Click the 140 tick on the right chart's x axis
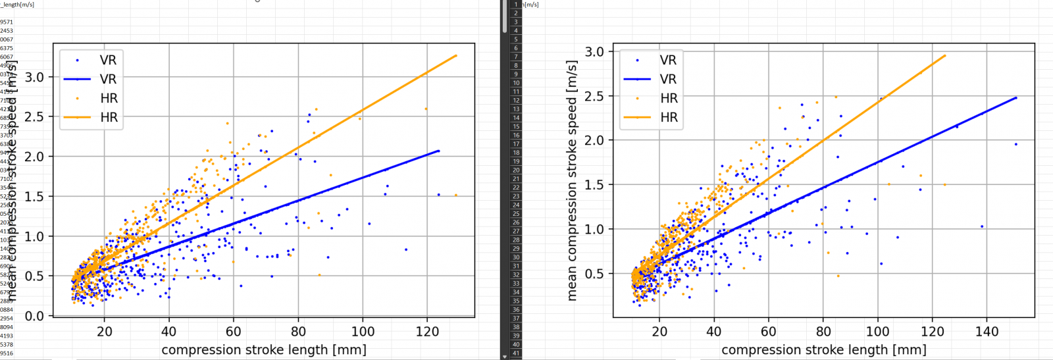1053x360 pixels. (987, 332)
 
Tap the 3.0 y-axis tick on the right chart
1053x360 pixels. (594, 51)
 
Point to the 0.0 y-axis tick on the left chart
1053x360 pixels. (34, 316)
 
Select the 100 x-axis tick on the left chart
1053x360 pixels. (363, 332)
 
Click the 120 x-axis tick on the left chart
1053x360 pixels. (427, 332)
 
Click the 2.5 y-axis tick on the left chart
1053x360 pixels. (34, 116)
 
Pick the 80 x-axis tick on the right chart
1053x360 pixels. (823, 332)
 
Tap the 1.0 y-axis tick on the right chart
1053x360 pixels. (594, 229)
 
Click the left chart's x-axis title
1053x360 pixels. (263, 349)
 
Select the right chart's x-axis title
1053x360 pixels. (824, 349)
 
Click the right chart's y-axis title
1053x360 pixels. (572, 180)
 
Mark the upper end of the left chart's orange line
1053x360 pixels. (456, 55)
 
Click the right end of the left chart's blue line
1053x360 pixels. (438, 151)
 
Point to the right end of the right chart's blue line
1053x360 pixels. (1016, 97)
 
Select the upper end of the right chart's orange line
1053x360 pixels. (945, 55)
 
